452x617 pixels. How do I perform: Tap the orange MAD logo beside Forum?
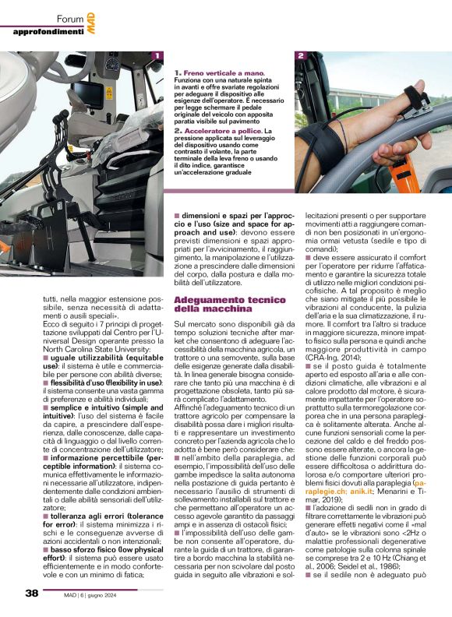(x=91, y=18)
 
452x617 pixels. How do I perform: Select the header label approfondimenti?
(x=48, y=31)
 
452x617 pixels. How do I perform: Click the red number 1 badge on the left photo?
(x=157, y=56)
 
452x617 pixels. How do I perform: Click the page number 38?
(x=31, y=594)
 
